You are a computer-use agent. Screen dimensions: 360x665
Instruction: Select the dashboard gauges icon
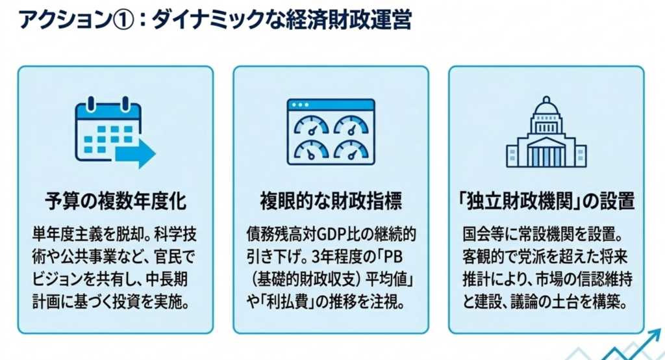pyautogui.click(x=331, y=131)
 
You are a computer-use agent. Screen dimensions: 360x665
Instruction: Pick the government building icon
pyautogui.click(x=546, y=133)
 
